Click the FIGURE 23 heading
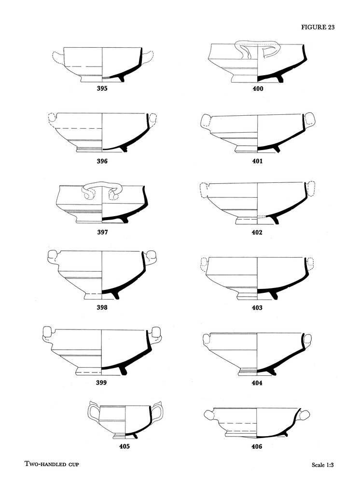click(318, 27)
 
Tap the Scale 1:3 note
click(322, 465)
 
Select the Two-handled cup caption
click(52, 464)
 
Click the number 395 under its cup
click(102, 89)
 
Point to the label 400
click(258, 89)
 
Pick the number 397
click(102, 233)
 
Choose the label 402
click(257, 233)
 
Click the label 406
click(257, 446)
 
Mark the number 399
click(101, 383)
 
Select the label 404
click(257, 383)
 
